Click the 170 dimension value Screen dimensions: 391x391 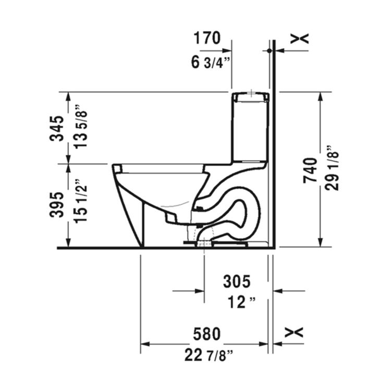coord(207,38)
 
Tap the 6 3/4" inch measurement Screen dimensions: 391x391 coord(211,63)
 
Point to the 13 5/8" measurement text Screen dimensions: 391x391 coord(81,128)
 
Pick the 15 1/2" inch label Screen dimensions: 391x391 coord(81,205)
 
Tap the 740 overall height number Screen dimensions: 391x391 coord(310,170)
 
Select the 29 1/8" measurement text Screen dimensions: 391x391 coord(332,170)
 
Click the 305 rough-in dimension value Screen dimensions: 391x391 coord(237,282)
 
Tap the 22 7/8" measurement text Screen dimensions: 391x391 coord(209,356)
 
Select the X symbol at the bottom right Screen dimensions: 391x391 coord(295,332)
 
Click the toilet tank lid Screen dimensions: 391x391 coord(250,96)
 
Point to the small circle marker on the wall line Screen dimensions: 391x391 coord(270,51)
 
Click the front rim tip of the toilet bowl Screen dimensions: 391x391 coord(116,168)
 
